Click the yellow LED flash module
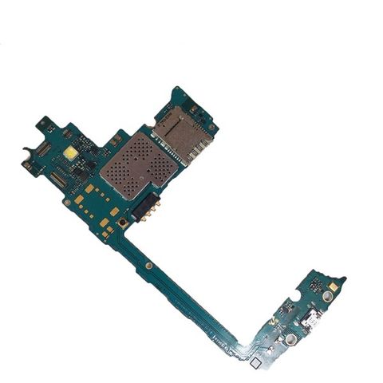point(69,151)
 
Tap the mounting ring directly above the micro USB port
point(294,296)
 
